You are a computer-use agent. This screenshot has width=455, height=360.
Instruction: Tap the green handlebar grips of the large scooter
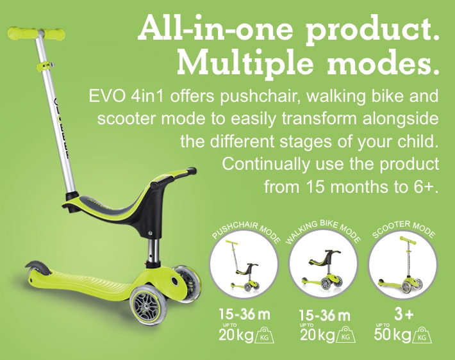click(37, 33)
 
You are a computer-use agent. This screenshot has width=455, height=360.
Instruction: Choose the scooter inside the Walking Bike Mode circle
click(323, 269)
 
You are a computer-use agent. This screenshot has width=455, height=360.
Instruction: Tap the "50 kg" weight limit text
click(392, 335)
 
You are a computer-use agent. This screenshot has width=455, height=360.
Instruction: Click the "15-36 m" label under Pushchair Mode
click(244, 315)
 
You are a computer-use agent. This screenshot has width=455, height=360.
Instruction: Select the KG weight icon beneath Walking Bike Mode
click(345, 334)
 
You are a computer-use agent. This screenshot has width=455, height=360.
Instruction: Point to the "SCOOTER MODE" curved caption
click(404, 228)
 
